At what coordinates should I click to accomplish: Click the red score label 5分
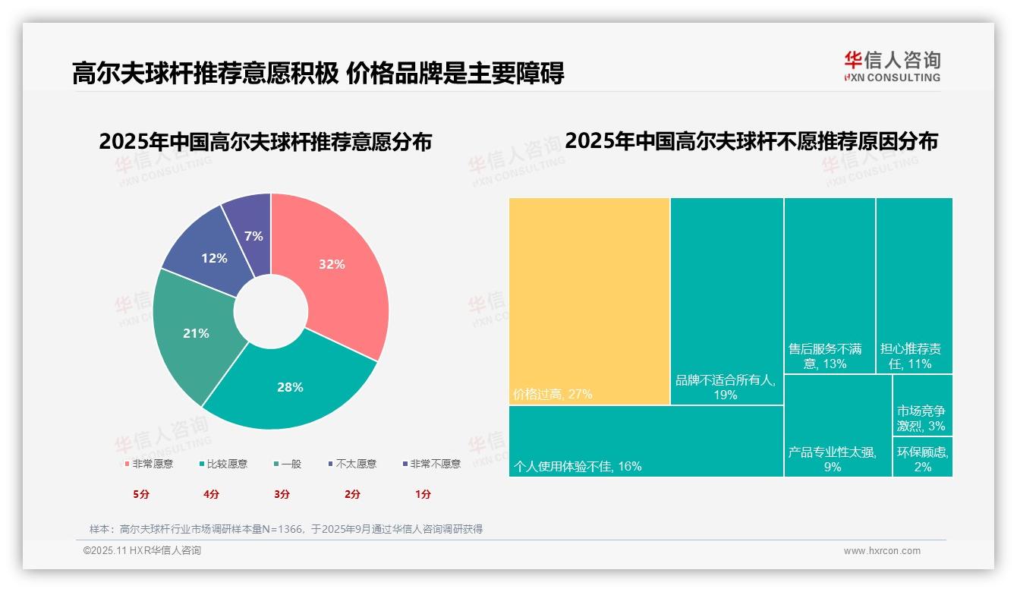click(x=141, y=494)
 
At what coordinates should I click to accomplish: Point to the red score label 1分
click(x=423, y=494)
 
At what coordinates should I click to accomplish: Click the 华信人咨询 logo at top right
click(x=892, y=66)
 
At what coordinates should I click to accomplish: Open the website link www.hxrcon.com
click(x=882, y=551)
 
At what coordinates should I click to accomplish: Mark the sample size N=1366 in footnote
click(x=281, y=529)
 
